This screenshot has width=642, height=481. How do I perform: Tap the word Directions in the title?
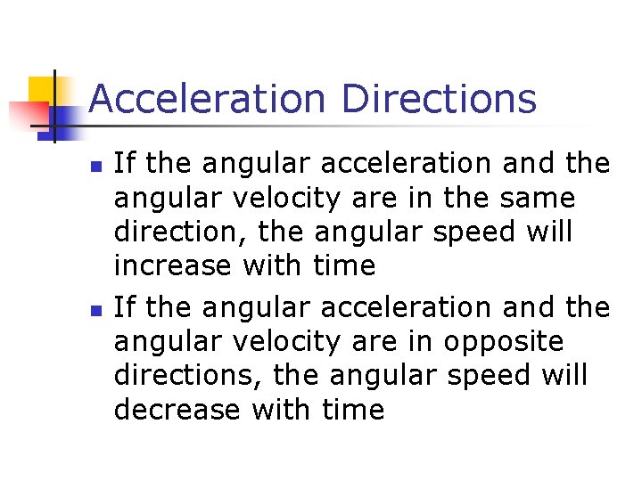click(x=439, y=98)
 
